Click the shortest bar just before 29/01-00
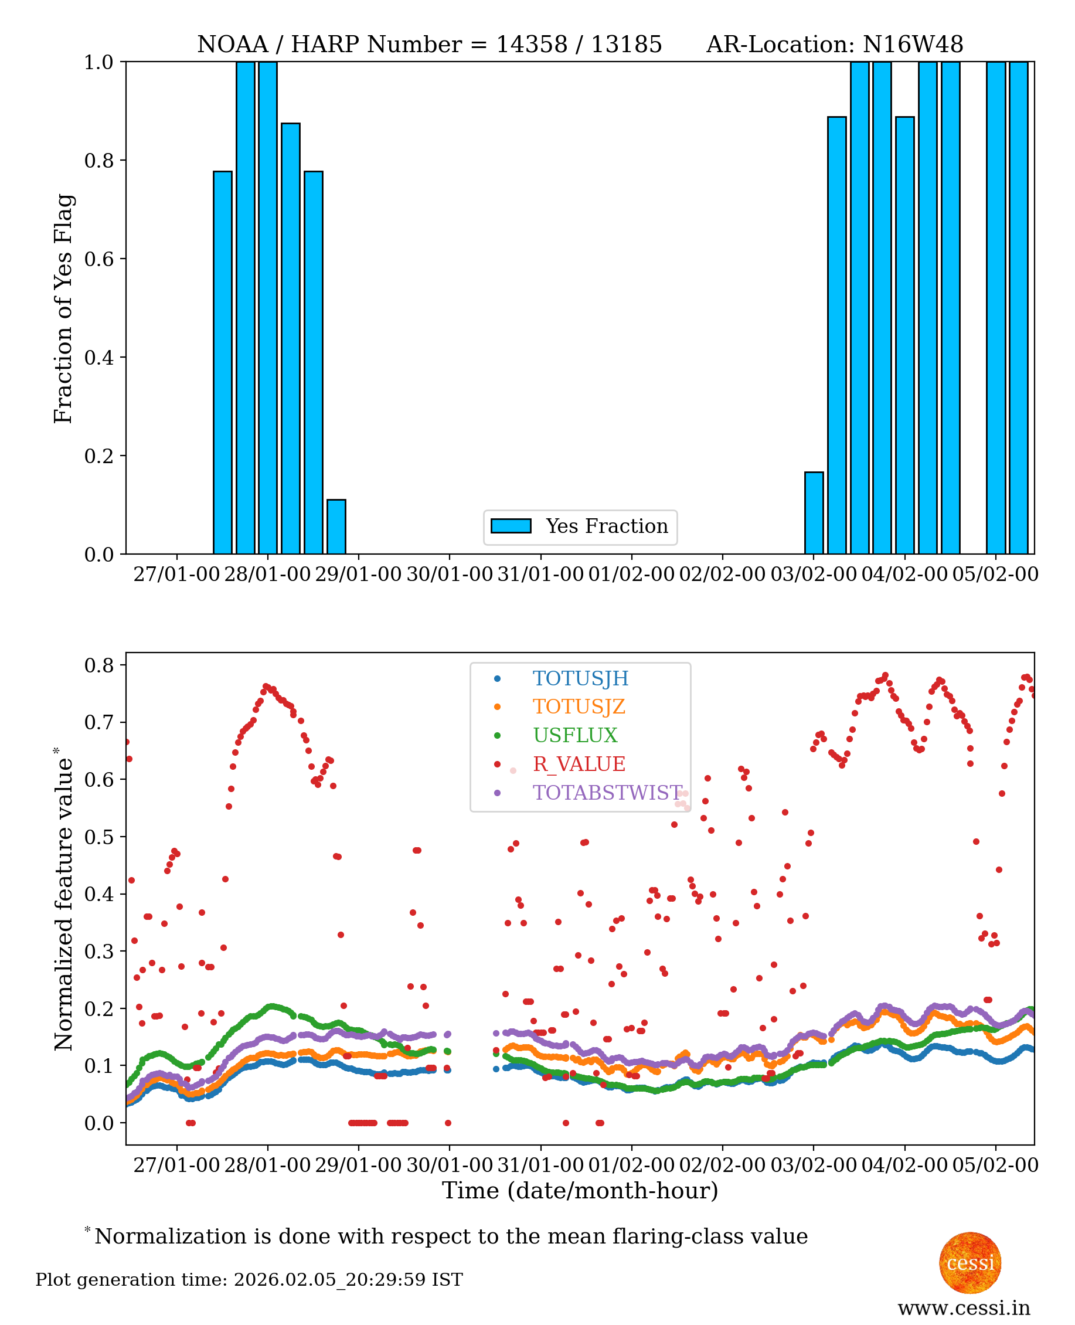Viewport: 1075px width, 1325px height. click(336, 526)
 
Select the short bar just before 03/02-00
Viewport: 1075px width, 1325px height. click(814, 513)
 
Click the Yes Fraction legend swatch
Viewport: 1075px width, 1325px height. click(511, 526)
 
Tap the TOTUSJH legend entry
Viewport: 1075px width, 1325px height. click(580, 678)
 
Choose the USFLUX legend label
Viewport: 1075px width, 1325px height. click(575, 735)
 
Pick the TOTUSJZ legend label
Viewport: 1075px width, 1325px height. click(579, 707)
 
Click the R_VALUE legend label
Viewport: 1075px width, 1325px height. click(579, 764)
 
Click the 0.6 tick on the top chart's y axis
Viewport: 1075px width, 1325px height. click(99, 259)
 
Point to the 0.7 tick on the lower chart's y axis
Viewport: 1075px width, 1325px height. click(99, 722)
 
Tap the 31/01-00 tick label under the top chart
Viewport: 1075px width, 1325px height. click(540, 574)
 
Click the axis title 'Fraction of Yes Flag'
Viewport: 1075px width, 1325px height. click(63, 308)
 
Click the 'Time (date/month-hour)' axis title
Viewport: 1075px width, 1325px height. click(580, 1191)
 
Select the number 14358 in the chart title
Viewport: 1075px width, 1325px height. click(531, 45)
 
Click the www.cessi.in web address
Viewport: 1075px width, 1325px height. click(964, 1307)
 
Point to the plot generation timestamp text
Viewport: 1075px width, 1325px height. click(249, 1280)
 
